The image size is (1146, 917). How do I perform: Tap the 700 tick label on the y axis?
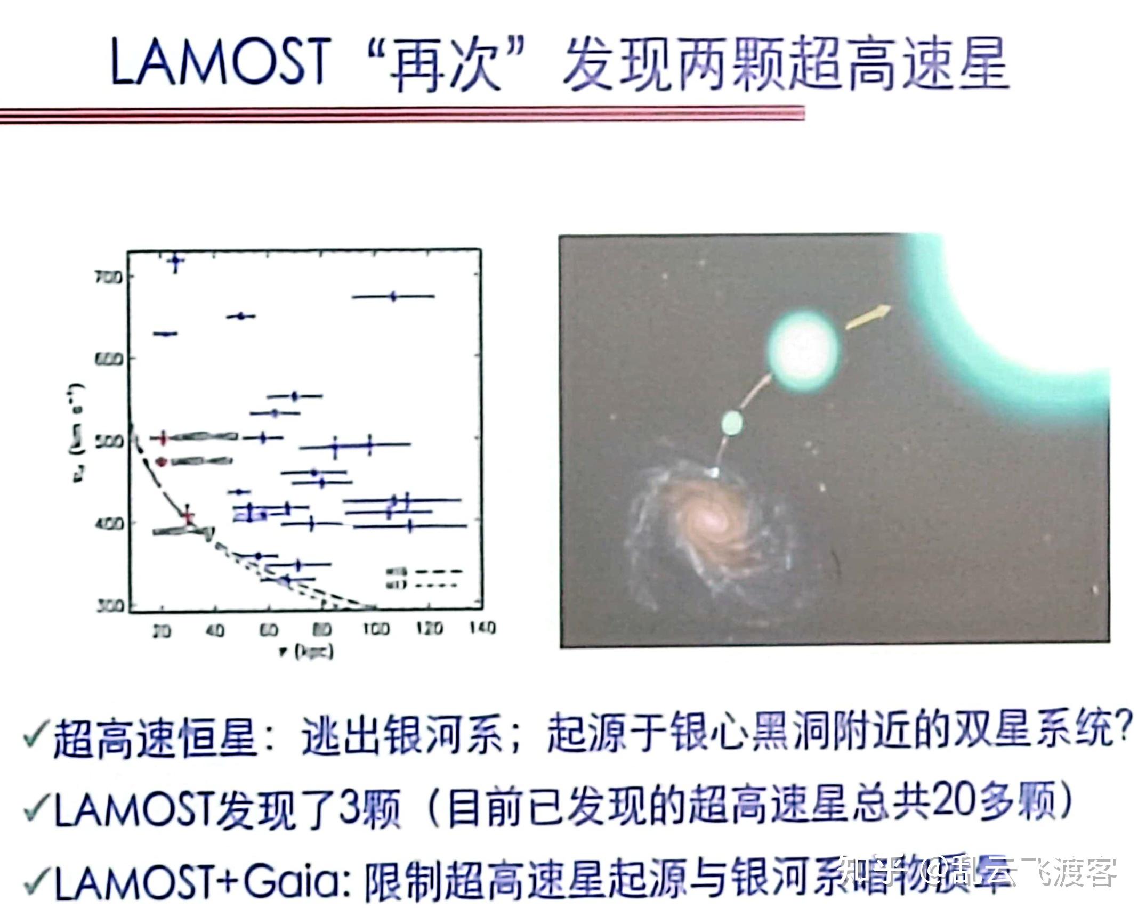[109, 277]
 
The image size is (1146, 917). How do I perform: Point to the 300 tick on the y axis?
[110, 606]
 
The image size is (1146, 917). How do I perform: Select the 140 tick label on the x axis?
[482, 629]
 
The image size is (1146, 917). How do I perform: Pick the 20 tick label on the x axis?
[162, 631]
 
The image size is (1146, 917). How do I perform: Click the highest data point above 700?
[175, 261]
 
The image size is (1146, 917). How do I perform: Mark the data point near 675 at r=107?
[393, 297]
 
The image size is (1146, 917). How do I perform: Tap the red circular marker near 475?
[163, 461]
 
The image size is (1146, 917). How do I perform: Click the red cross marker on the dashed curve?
[187, 515]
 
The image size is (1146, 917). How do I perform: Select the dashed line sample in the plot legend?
[438, 572]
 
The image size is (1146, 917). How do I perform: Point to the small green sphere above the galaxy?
[732, 423]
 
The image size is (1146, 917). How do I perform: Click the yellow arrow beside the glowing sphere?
[868, 317]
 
